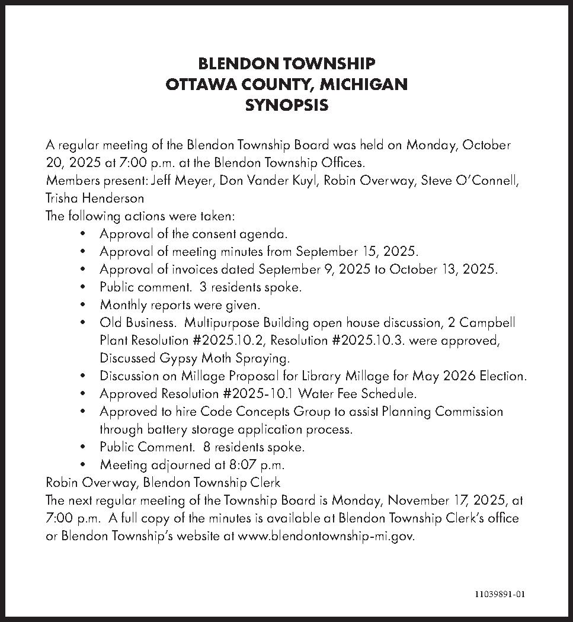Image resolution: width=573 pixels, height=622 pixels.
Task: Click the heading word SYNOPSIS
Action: (286, 105)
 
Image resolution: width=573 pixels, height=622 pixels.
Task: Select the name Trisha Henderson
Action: (95, 198)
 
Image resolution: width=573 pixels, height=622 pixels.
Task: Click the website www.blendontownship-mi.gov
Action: (325, 536)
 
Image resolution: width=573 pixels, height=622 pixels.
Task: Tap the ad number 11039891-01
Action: (499, 594)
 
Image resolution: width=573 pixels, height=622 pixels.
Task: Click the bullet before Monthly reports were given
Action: (87, 306)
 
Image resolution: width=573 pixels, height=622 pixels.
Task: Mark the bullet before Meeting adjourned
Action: (87, 465)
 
